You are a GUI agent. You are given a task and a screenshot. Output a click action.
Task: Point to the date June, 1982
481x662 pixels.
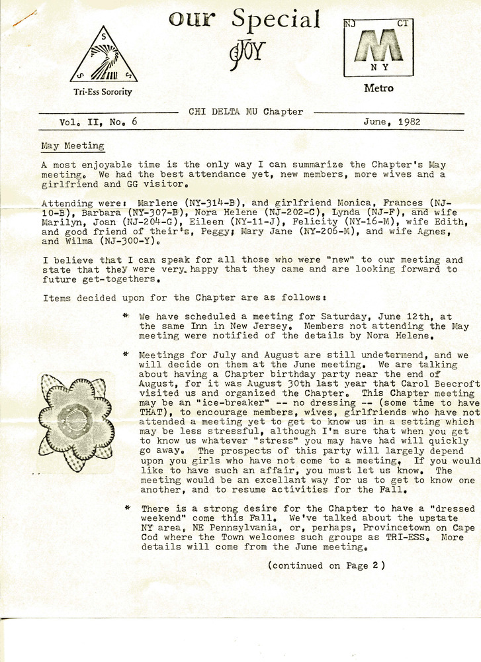[392, 122]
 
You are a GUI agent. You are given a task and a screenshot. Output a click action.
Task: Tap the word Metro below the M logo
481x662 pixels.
[378, 88]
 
